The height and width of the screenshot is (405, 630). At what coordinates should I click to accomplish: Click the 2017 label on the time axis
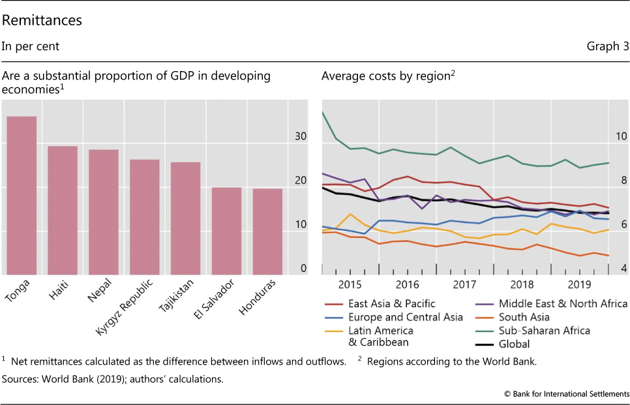[x=464, y=284]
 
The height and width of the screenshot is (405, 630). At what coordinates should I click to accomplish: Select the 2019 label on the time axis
[x=579, y=284]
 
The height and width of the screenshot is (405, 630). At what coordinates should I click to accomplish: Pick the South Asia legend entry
[x=524, y=317]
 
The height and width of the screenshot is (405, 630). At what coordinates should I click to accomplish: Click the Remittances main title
[x=42, y=20]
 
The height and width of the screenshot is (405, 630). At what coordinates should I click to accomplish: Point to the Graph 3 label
[x=608, y=46]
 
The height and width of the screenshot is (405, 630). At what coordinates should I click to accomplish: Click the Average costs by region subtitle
[x=387, y=76]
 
